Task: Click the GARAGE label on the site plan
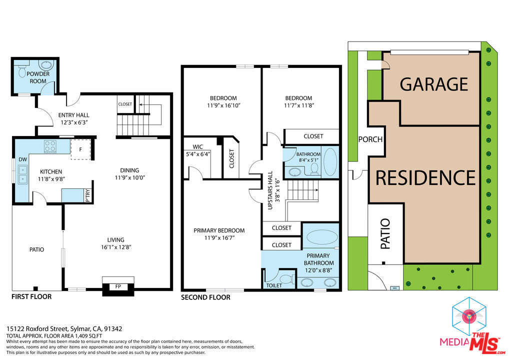(433, 84)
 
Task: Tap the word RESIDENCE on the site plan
(425, 177)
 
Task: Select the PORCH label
(370, 139)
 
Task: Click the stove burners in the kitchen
(50, 146)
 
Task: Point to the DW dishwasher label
(22, 159)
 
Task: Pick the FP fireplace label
(118, 286)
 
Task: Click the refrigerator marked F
(80, 149)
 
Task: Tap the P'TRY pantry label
(88, 195)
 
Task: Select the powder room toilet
(22, 70)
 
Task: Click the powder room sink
(46, 65)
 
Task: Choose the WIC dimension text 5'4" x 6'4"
(198, 154)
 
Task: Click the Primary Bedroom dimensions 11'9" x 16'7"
(219, 237)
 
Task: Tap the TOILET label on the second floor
(274, 285)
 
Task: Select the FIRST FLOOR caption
(31, 296)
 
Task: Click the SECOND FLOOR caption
(205, 297)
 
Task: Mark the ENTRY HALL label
(73, 115)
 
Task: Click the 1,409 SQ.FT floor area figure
(88, 336)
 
